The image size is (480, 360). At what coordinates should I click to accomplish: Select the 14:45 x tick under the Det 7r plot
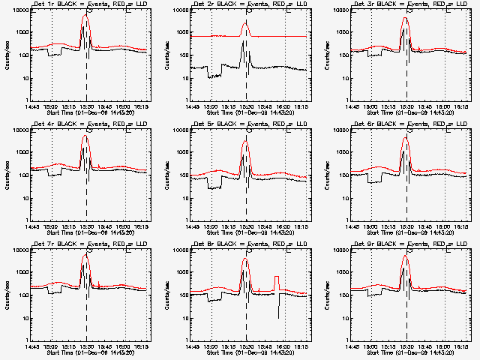click(31, 346)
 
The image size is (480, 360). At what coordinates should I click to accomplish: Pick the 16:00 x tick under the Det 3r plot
click(443, 106)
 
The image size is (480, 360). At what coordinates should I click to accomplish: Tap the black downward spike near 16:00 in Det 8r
click(279, 315)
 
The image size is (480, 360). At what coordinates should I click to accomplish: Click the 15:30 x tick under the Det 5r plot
click(246, 226)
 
